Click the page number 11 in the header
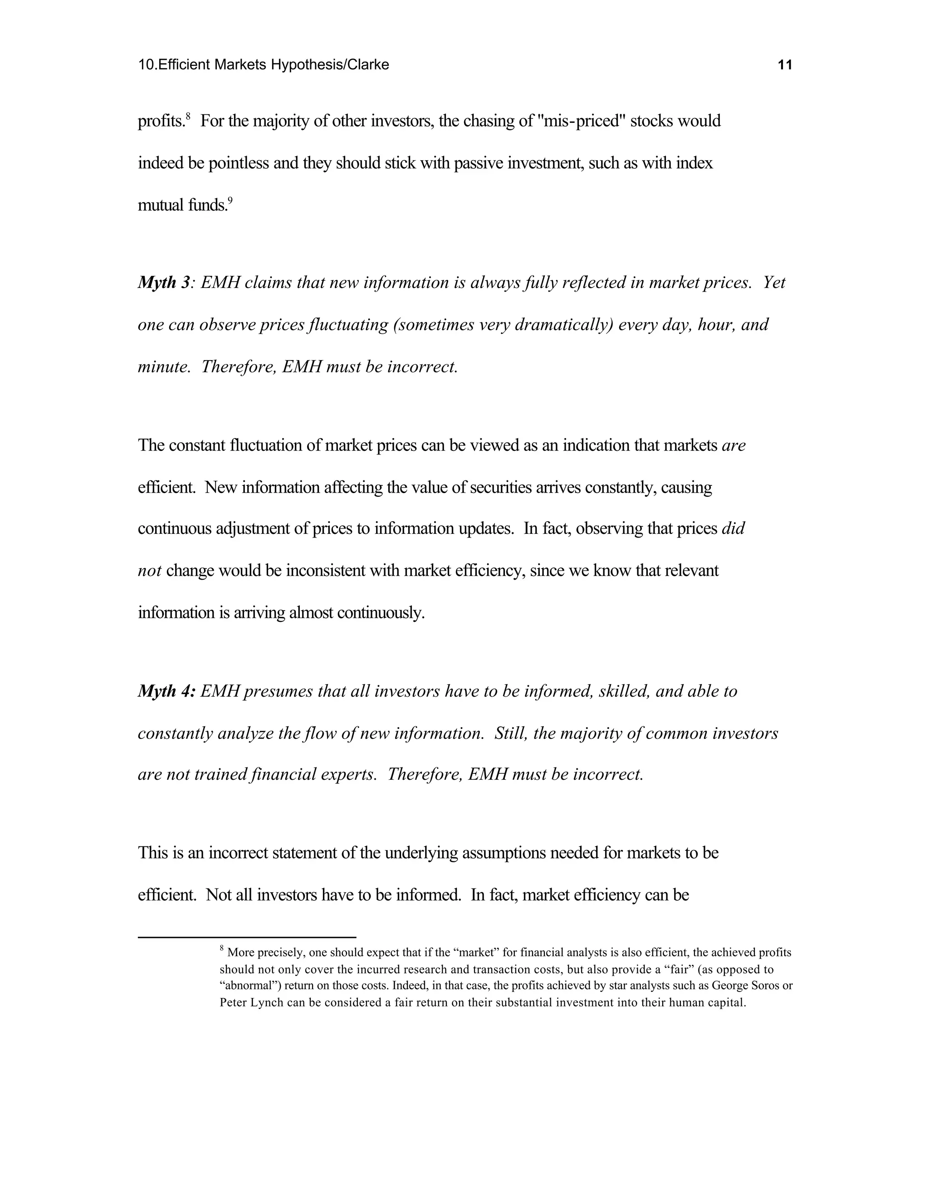coord(785,65)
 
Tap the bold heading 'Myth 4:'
coord(166,691)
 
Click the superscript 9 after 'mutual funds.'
coord(230,201)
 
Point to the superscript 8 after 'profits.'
coord(188,116)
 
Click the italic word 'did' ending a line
coord(733,528)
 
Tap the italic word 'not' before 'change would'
coord(149,570)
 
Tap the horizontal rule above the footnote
coord(247,937)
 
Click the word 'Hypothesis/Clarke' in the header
coord(330,65)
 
